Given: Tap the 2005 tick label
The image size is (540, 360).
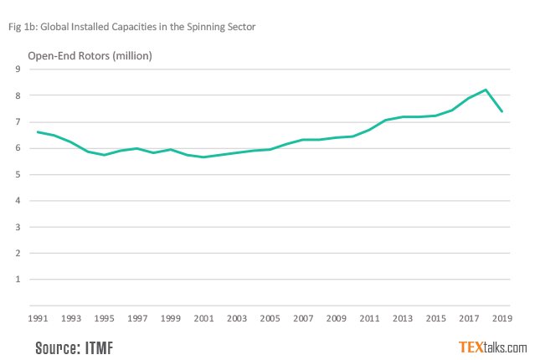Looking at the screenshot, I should pyautogui.click(x=270, y=319).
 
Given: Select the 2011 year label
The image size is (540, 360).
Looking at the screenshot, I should pyautogui.click(x=368, y=319).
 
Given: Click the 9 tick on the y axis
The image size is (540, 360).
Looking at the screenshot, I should pyautogui.click(x=18, y=69).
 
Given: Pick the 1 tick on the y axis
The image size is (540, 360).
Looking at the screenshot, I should pyautogui.click(x=18, y=280).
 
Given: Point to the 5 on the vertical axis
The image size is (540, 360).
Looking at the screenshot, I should pyautogui.click(x=18, y=175).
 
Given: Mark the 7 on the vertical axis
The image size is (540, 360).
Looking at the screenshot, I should pyautogui.click(x=18, y=122).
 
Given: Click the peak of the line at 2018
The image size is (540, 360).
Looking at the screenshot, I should pyautogui.click(x=485, y=90).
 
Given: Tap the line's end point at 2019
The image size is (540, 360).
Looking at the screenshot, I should pyautogui.click(x=501, y=111).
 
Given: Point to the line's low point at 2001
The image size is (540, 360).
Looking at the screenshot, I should pyautogui.click(x=203, y=157).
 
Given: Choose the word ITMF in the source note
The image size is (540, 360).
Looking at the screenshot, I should pyautogui.click(x=97, y=347).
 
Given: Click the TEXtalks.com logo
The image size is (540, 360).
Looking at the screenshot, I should pyautogui.click(x=492, y=347).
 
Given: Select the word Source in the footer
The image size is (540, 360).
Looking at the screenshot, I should pyautogui.click(x=55, y=347).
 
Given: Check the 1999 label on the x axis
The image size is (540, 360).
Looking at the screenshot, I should pyautogui.click(x=171, y=319).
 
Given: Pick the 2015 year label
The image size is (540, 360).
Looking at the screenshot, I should pyautogui.click(x=435, y=319).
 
